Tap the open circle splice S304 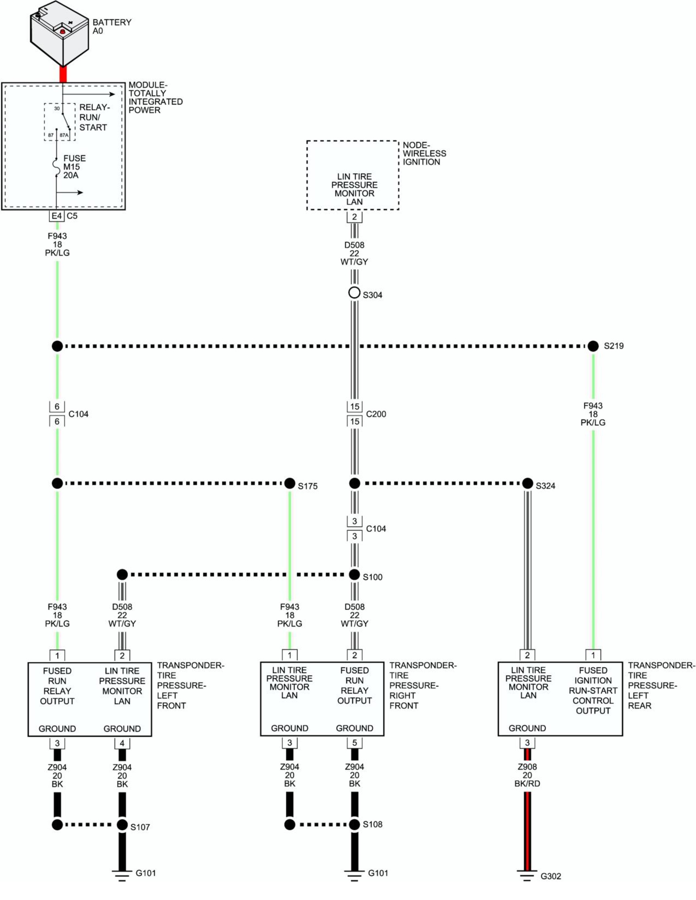[x=354, y=293]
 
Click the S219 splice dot [x=593, y=346]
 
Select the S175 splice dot [x=289, y=484]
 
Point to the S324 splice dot [x=527, y=484]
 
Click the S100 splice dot [x=354, y=575]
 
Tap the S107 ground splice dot [x=122, y=825]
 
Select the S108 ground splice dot [x=354, y=825]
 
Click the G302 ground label [x=550, y=876]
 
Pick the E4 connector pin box [x=57, y=216]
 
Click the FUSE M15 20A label [x=74, y=167]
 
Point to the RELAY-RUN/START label [x=94, y=117]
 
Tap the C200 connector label [x=376, y=414]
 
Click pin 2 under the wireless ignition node [x=354, y=217]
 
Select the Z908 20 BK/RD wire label [x=527, y=775]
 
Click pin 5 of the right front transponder [x=354, y=743]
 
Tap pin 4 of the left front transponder [x=122, y=743]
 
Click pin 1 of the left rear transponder [x=593, y=655]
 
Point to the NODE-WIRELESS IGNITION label [x=424, y=153]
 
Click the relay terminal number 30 [x=57, y=109]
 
